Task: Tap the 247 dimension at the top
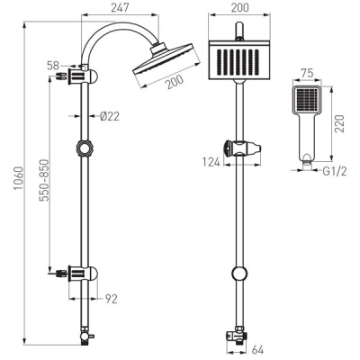click(x=118, y=7)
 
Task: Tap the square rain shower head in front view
click(x=238, y=62)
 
